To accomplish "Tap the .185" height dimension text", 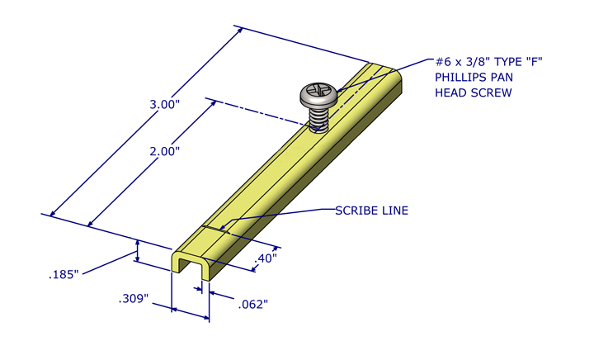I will tap(63, 273).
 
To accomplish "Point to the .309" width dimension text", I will tap(133, 298).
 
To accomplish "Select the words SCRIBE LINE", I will tap(371, 211).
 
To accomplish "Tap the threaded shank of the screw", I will tap(319, 120).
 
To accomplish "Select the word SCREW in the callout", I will tap(493, 93).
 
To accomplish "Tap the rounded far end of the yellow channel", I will tap(388, 71).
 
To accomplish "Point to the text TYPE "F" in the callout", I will tap(520, 62).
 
